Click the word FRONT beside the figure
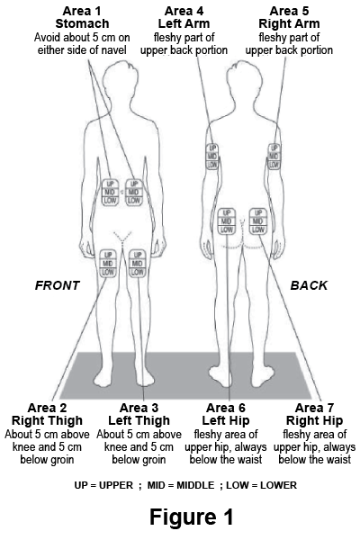click(x=58, y=285)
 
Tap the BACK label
click(x=309, y=285)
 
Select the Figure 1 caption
click(x=192, y=517)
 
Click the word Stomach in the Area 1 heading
click(x=82, y=23)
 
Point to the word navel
click(x=112, y=50)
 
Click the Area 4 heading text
click(x=184, y=11)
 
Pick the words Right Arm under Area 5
click(x=289, y=23)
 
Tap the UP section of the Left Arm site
click(x=212, y=148)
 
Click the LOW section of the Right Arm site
click(x=274, y=165)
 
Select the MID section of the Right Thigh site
click(x=108, y=264)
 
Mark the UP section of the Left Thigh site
click(x=138, y=255)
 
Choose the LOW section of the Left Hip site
click(x=226, y=229)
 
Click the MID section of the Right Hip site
click(x=257, y=221)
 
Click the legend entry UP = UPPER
click(x=103, y=485)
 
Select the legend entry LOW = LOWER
click(x=261, y=485)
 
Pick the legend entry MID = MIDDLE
click(x=181, y=485)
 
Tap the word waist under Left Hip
click(x=248, y=460)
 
